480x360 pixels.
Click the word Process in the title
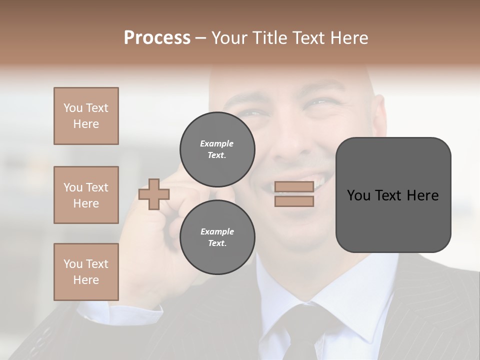(x=157, y=38)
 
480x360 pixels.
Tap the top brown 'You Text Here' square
(x=86, y=116)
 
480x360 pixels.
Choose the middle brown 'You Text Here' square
(x=86, y=195)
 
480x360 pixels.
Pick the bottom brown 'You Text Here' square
(x=86, y=272)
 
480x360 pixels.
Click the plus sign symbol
(x=154, y=194)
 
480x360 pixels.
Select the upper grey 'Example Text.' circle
(x=217, y=149)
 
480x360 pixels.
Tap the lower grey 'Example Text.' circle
(x=217, y=237)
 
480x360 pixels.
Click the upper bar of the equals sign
(x=294, y=187)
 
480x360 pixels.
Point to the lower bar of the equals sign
(x=294, y=201)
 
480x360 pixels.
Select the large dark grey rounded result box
(x=393, y=195)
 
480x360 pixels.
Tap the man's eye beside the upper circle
(x=255, y=114)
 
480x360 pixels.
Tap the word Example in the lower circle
(x=217, y=231)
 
